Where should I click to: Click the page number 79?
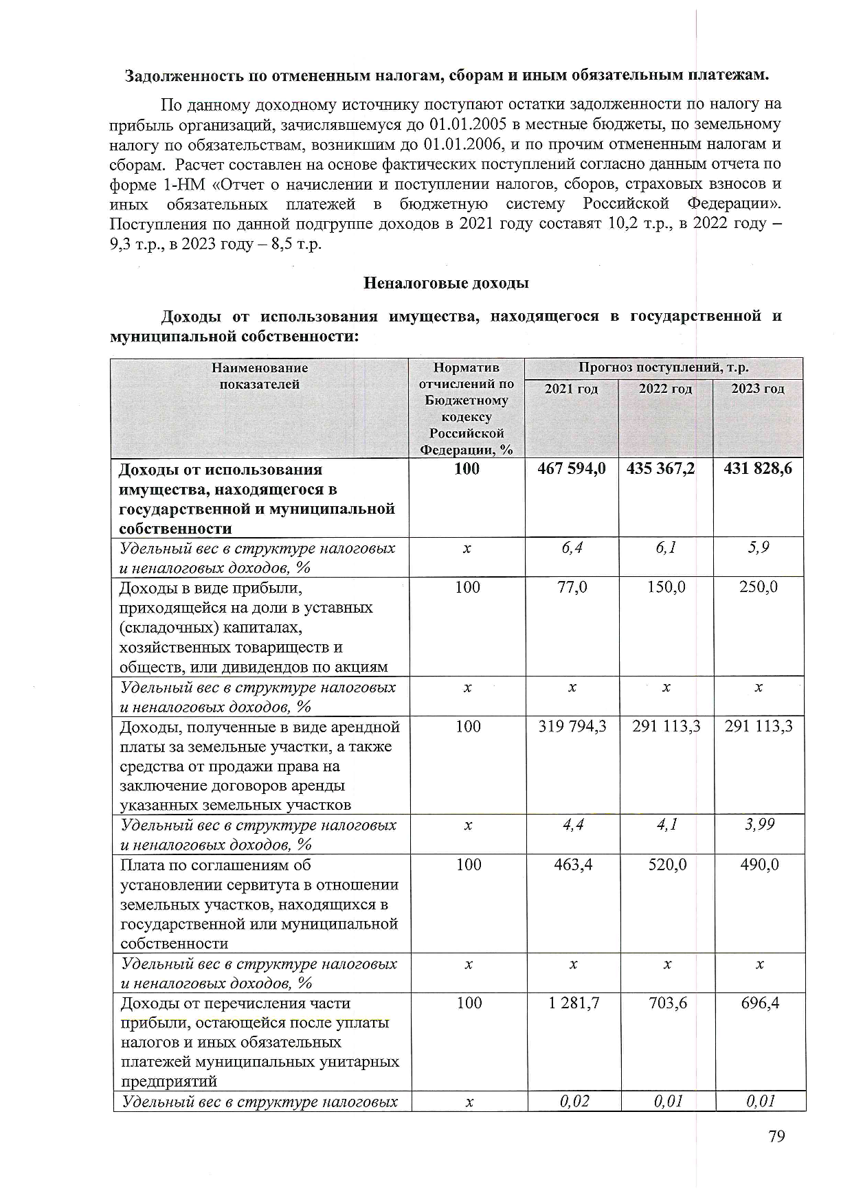click(776, 1136)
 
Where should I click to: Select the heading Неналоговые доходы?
click(445, 283)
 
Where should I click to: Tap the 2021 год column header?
click(571, 389)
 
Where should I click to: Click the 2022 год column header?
click(665, 389)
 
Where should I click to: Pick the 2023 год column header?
click(757, 389)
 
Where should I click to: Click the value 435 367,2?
click(660, 469)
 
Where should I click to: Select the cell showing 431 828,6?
click(758, 469)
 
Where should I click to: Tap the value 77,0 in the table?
click(571, 587)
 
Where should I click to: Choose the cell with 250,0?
click(759, 587)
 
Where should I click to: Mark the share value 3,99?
click(759, 824)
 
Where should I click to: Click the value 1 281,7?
click(574, 1003)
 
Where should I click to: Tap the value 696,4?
click(760, 1003)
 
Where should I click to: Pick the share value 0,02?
click(574, 1102)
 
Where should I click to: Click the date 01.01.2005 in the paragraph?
click(467, 125)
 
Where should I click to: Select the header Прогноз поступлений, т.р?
click(663, 368)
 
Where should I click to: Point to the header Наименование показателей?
click(259, 376)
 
